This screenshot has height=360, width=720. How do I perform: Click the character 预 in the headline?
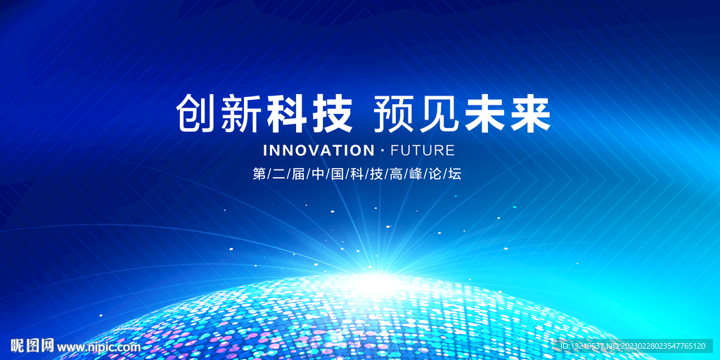tap(393, 114)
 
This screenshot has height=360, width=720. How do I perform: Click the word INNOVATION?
tap(319, 150)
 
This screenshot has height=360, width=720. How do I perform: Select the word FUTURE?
tap(422, 150)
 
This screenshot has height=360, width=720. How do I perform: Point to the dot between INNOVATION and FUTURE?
tap(382, 150)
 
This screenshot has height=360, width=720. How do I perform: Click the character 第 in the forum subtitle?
tap(259, 174)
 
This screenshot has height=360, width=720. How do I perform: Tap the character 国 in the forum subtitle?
tap(338, 174)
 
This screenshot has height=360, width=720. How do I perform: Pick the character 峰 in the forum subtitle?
tap(416, 174)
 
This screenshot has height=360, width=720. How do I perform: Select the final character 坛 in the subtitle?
tap(454, 174)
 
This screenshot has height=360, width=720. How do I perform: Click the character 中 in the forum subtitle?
tap(319, 174)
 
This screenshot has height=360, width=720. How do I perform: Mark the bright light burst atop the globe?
tap(378, 278)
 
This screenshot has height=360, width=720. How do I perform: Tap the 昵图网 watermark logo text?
tap(32, 345)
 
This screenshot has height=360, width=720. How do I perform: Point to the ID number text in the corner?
tap(632, 346)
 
